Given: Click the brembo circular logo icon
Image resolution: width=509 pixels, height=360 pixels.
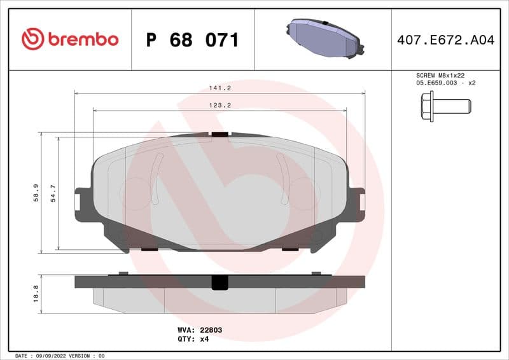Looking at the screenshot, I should click(x=32, y=39).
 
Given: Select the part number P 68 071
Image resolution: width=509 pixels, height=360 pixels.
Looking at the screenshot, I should click(x=192, y=40).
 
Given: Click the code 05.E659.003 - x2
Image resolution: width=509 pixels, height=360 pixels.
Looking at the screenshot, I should click(x=446, y=83).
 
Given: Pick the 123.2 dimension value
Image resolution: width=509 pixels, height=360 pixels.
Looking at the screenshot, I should click(x=220, y=105).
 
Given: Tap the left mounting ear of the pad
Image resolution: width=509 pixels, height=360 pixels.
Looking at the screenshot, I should click(x=81, y=202).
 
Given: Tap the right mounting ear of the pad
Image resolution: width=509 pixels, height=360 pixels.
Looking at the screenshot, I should click(x=358, y=202).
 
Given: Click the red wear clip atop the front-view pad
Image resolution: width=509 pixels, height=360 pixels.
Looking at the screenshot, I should click(x=220, y=134).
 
